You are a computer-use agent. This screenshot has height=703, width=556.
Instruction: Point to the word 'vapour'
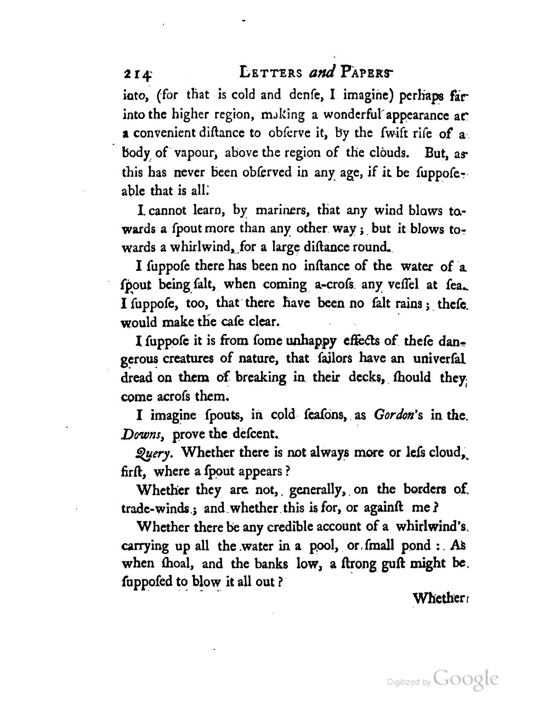pos(186,154)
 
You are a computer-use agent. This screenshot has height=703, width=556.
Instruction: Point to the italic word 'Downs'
pos(141,435)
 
